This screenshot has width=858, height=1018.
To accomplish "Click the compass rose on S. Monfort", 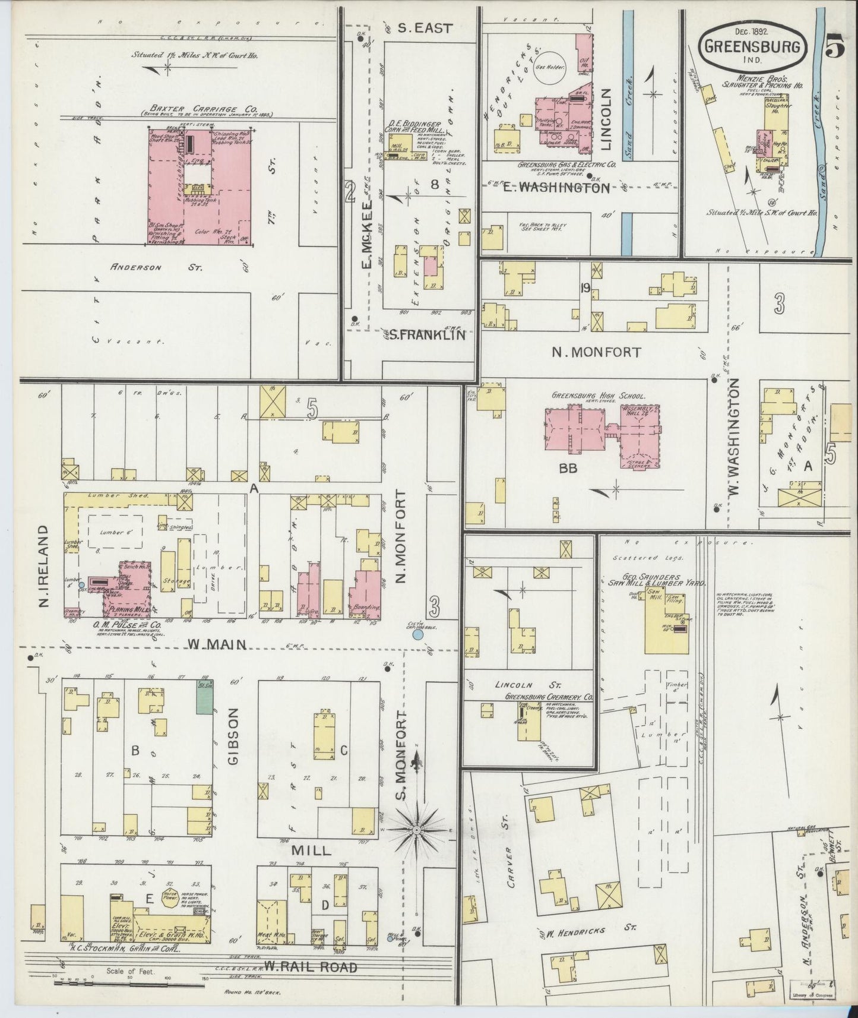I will coord(417,829).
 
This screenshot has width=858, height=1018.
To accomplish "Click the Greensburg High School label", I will coord(599,396).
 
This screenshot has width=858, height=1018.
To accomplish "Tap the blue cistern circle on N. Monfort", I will coord(417,635).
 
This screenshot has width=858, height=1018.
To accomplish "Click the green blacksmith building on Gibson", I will coord(205,697).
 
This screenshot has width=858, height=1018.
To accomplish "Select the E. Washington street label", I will coord(555,188).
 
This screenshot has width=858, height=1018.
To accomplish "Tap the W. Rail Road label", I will coord(312,967).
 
